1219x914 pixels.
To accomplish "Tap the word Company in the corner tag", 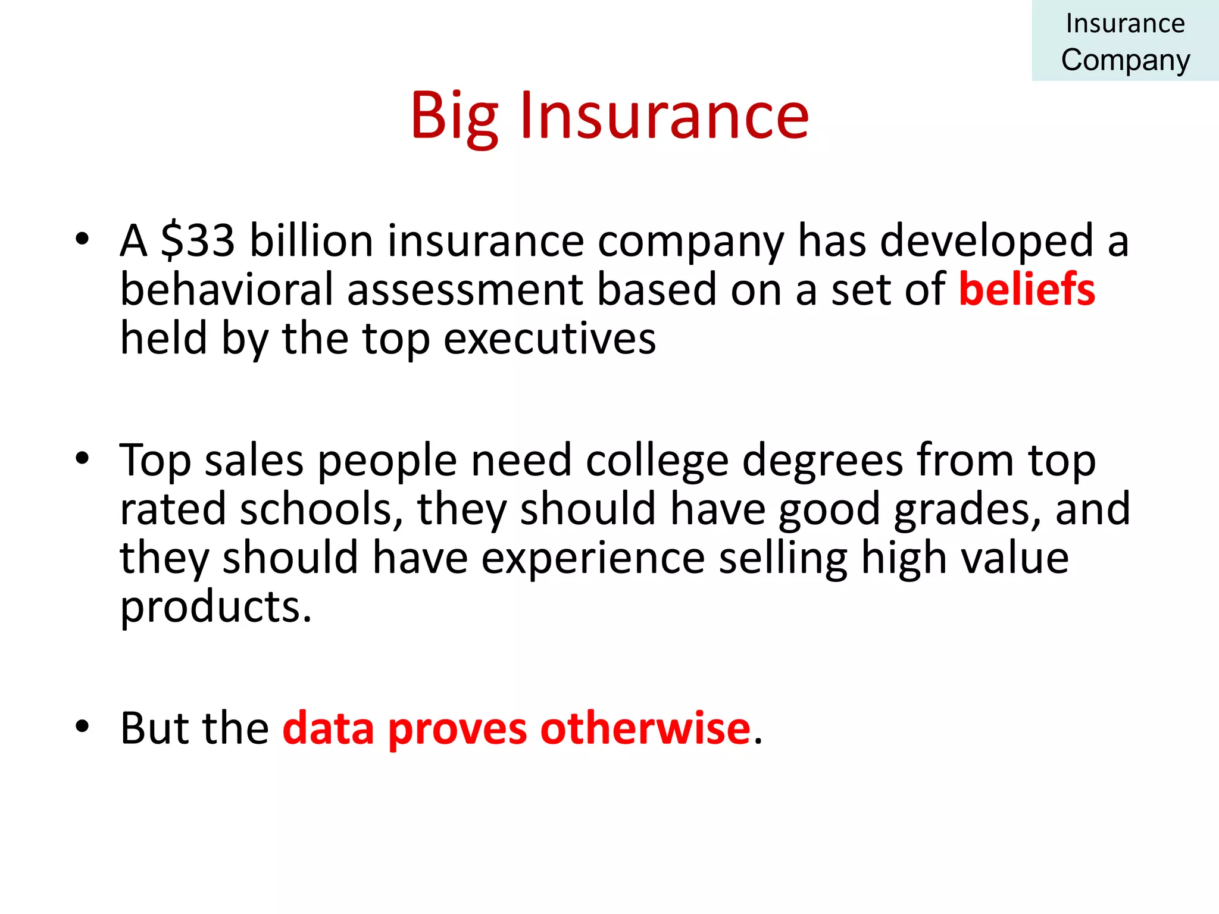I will tap(1125, 60).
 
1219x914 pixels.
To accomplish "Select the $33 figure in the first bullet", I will tap(198, 240).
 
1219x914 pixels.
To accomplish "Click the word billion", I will tap(311, 240).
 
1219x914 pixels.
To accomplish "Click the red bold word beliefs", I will tap(1027, 289).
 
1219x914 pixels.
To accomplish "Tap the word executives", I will tap(550, 338).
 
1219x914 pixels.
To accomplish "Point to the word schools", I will tap(315, 509).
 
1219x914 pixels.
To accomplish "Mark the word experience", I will tap(593, 558).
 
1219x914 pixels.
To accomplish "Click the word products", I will tap(215, 607).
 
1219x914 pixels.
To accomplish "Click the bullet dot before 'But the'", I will tap(82, 726).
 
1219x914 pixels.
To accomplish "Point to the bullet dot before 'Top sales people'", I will tap(82, 459).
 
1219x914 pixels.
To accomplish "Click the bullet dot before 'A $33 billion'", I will tap(82, 239).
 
